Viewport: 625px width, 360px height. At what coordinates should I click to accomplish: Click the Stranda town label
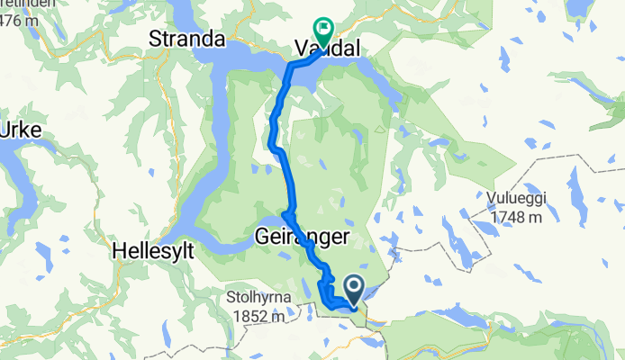click(186, 40)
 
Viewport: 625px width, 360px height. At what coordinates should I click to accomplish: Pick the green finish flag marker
click(323, 30)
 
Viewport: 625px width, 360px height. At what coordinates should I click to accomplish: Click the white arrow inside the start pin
click(353, 289)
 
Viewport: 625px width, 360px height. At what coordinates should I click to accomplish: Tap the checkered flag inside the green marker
click(323, 28)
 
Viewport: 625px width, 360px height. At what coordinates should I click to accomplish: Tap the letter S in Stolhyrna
click(231, 295)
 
